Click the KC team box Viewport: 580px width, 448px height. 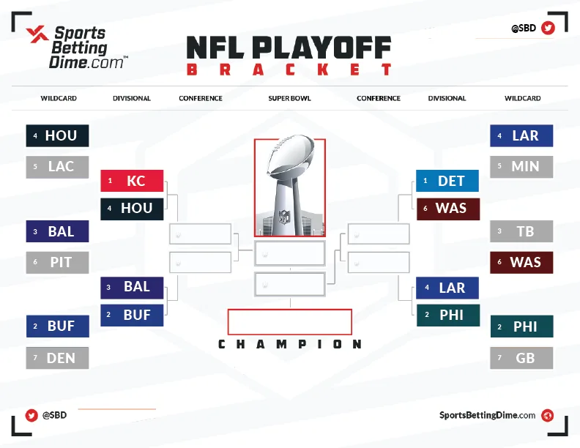click(132, 181)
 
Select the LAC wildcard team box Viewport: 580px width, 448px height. click(57, 167)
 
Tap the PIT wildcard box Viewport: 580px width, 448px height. click(57, 263)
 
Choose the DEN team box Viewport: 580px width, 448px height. click(57, 358)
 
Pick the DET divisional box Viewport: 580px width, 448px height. click(447, 181)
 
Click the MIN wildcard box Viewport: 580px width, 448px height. click(521, 167)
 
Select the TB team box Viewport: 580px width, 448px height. click(521, 231)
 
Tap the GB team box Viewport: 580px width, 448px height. click(521, 358)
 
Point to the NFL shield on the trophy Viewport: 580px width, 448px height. click(284, 217)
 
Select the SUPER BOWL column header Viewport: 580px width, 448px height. click(289, 98)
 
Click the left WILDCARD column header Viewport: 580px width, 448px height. click(59, 98)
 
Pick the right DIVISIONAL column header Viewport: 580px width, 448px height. click(447, 98)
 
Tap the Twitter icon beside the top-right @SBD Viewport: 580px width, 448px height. click(548, 28)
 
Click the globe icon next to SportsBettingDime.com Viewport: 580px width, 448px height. click(548, 416)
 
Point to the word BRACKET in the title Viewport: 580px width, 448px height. click(289, 70)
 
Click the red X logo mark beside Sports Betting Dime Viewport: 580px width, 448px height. click(37, 34)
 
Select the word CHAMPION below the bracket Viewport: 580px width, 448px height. click(289, 344)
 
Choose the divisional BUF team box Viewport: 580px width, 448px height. click(132, 316)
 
